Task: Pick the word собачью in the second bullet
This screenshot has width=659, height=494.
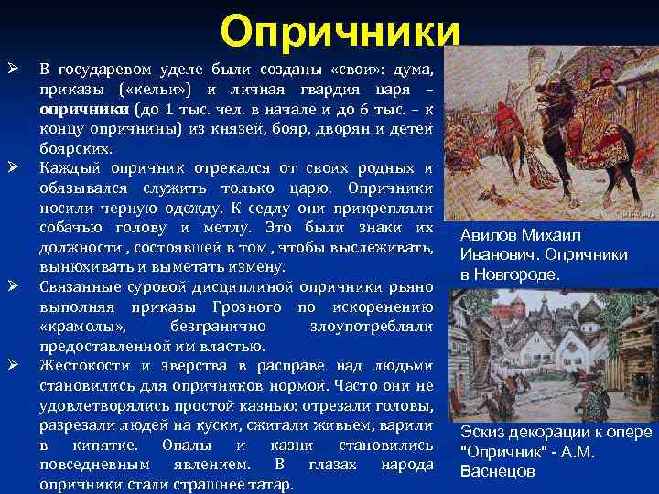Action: click(x=70, y=227)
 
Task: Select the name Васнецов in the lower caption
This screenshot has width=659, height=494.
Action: click(x=498, y=471)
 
